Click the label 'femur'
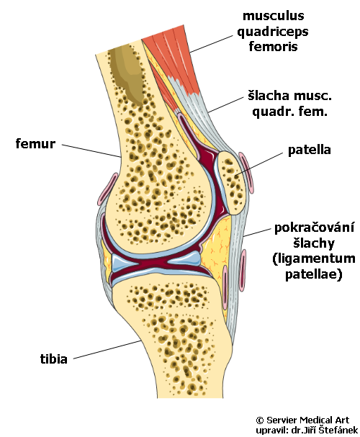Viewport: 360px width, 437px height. coord(35,144)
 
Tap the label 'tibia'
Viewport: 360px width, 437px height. coord(54,359)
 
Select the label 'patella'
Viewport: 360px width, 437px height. coord(310,150)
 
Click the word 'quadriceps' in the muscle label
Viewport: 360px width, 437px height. coord(273,32)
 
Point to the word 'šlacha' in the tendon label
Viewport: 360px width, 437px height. coord(269,96)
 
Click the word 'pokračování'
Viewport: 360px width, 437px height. coord(315,227)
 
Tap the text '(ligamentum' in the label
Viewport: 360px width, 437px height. coord(314,259)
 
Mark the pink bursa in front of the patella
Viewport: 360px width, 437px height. coord(246,173)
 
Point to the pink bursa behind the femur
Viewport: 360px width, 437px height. coord(108,189)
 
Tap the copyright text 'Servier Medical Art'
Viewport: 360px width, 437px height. coord(307,420)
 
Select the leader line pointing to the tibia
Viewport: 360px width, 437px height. coord(107,349)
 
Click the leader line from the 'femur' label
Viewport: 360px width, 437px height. coord(91,151)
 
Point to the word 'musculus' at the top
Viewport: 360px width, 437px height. coord(274,16)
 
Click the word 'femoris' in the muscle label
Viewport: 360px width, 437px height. coord(273,46)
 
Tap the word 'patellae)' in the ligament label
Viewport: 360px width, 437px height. coord(313,274)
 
